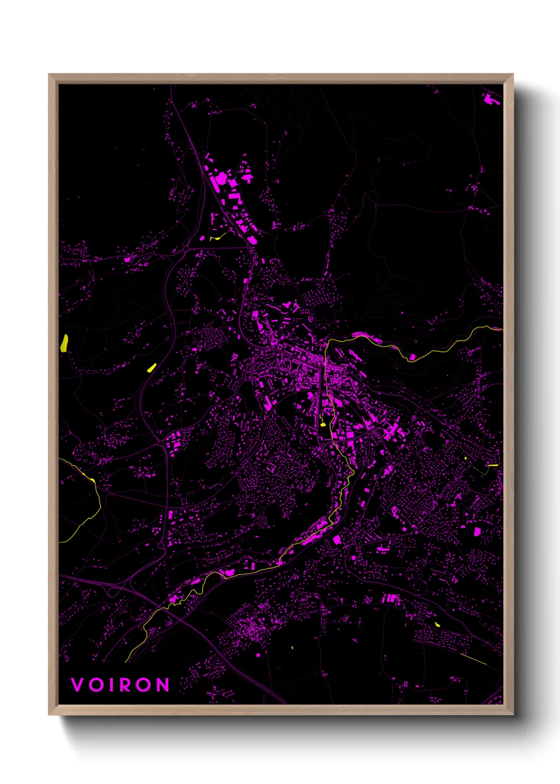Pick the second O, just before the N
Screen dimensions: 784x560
pyautogui.click(x=143, y=685)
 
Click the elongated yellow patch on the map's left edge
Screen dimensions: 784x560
pyautogui.click(x=64, y=343)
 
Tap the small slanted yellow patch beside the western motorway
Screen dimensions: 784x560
pyautogui.click(x=151, y=367)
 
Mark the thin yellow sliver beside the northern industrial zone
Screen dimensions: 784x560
pyautogui.click(x=218, y=237)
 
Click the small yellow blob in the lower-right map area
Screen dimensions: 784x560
pyautogui.click(x=437, y=625)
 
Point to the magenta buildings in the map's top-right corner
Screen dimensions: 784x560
pyautogui.click(x=490, y=99)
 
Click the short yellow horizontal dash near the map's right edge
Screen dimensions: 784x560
pyautogui.click(x=493, y=466)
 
